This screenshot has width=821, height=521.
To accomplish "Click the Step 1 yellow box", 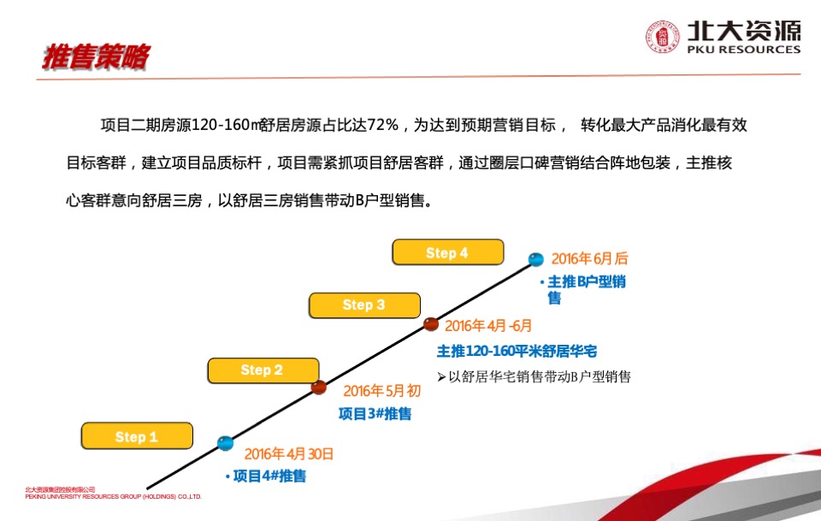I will [x=138, y=436].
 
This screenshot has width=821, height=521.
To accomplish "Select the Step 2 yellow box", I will [x=262, y=370].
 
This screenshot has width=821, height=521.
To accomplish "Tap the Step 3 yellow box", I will [x=364, y=305].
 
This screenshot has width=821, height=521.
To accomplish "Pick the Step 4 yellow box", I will [x=447, y=253].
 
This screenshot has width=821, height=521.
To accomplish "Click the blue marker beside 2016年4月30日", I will [x=225, y=443].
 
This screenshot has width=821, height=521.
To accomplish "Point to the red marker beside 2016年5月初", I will [x=319, y=388].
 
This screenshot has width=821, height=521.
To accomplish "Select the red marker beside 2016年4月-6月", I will [x=431, y=324].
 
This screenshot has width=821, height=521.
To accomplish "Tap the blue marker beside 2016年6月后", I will [x=536, y=259].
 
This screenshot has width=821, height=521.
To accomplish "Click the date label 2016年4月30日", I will [x=289, y=454].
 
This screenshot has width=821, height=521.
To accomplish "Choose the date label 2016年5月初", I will [x=382, y=391].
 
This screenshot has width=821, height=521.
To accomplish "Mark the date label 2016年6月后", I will [x=589, y=258].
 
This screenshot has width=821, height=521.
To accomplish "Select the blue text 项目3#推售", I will [x=375, y=414].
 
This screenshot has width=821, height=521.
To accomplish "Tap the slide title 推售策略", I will [x=96, y=57].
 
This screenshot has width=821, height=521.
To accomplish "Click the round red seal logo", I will [x=662, y=37].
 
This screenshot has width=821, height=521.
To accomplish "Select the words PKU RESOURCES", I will [x=743, y=50].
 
